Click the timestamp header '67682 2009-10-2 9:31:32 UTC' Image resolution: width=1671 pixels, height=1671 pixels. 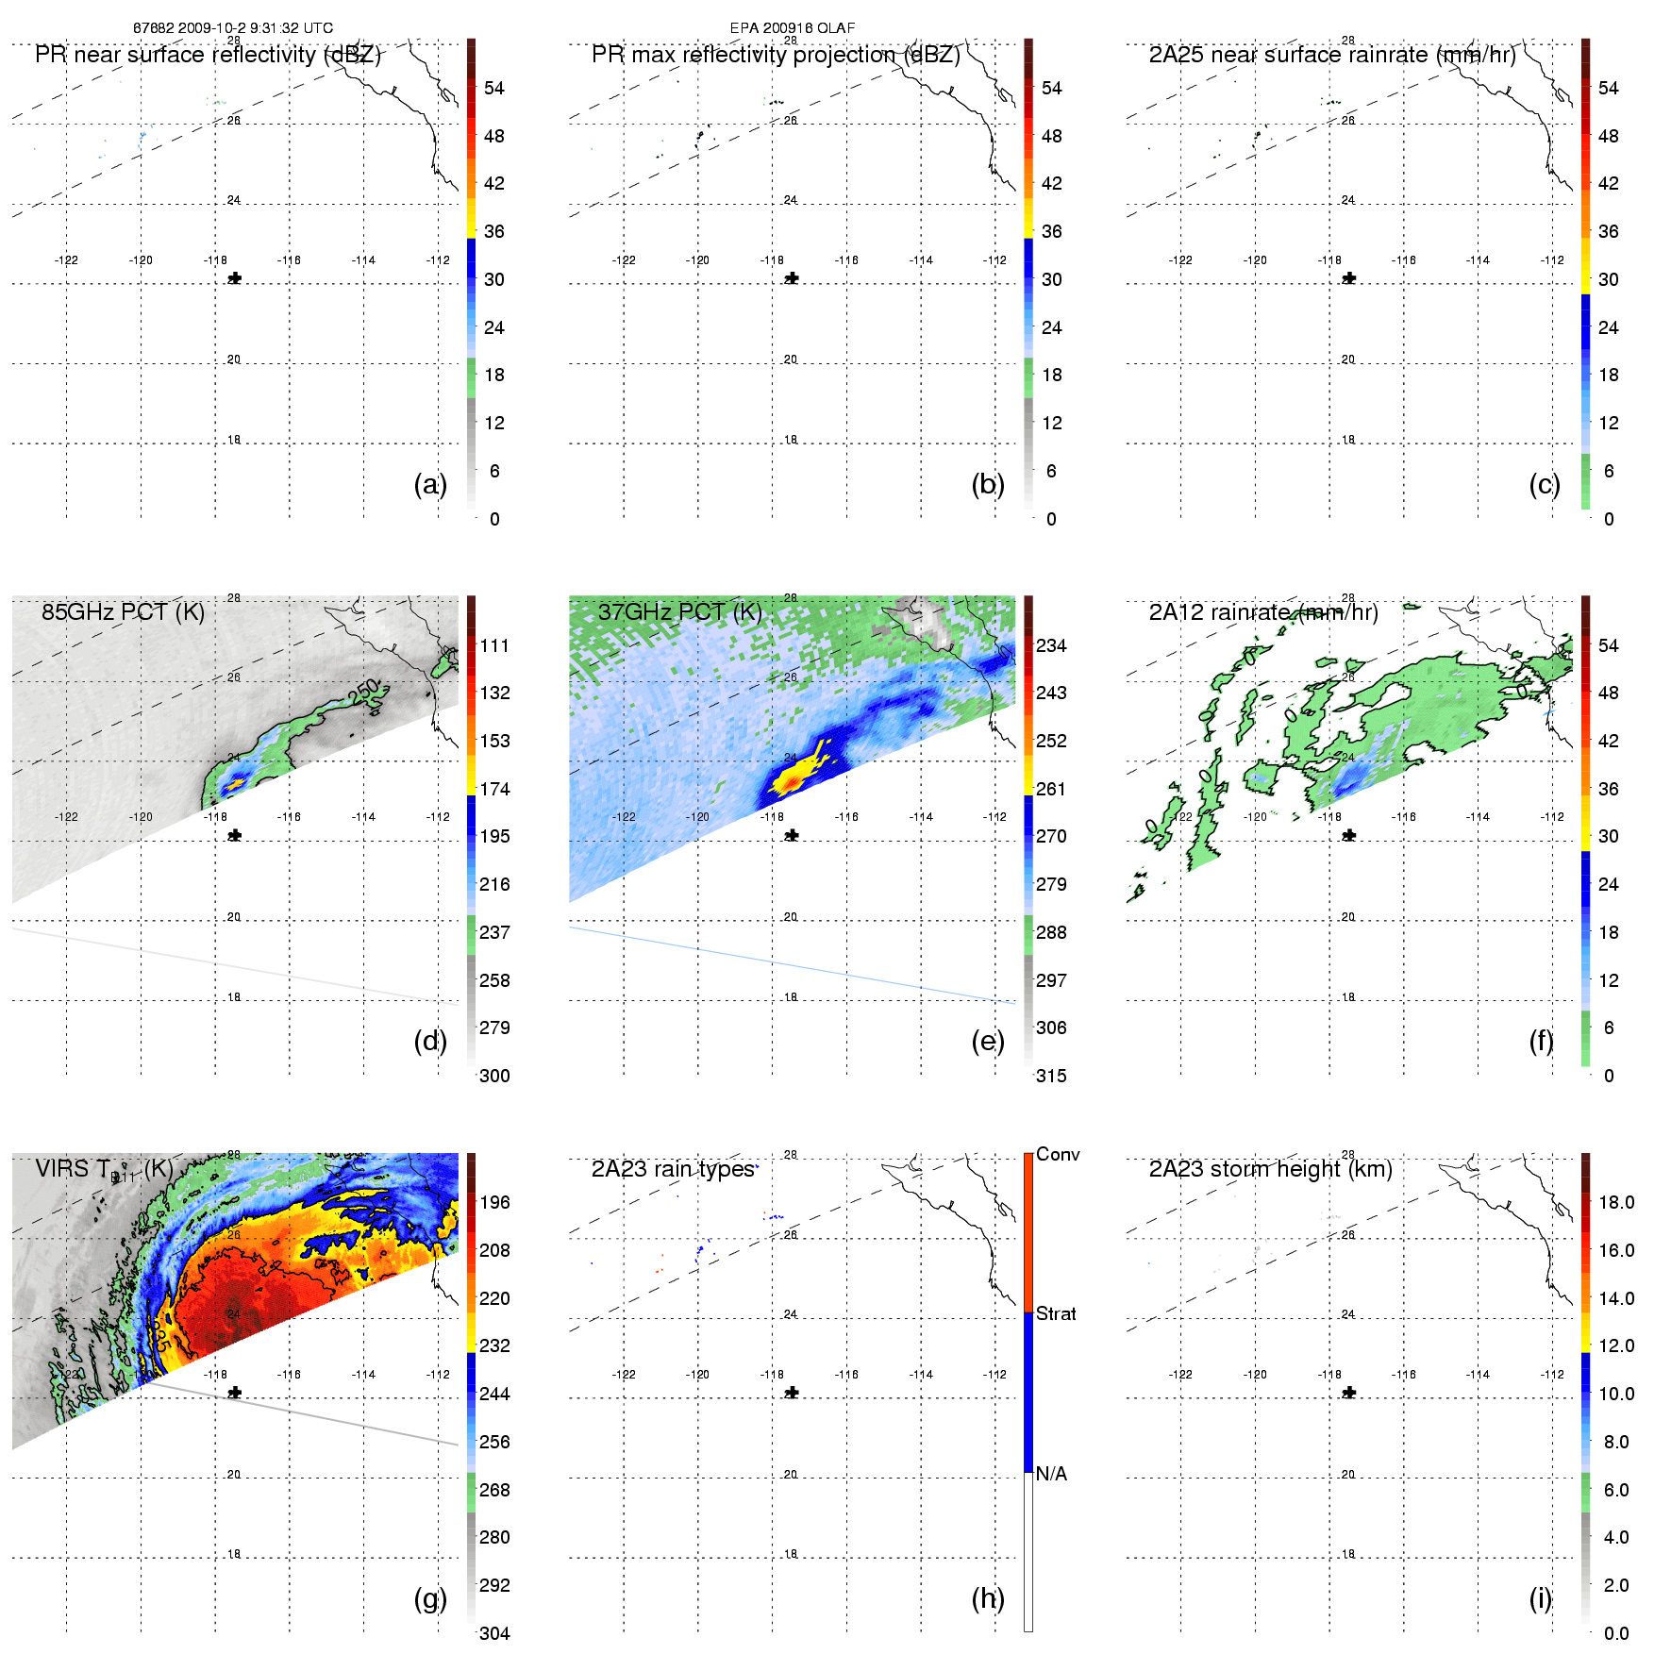(233, 28)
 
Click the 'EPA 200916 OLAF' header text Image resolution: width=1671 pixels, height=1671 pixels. (793, 28)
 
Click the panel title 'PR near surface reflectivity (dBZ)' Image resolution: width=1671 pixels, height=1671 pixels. (208, 55)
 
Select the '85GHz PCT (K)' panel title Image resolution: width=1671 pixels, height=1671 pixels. (123, 612)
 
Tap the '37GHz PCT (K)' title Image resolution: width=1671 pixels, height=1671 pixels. (679, 612)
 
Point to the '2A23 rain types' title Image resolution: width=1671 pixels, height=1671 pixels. (673, 1169)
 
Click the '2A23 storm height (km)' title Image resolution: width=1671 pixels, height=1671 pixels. (1270, 1169)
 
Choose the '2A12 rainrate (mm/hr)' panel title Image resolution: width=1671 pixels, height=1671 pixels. (1263, 612)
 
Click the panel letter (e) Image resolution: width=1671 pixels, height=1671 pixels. (987, 1041)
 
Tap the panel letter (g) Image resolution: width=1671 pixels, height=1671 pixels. (430, 1598)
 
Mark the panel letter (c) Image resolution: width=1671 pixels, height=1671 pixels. (1545, 484)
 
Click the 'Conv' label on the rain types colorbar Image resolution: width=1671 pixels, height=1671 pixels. (1058, 1155)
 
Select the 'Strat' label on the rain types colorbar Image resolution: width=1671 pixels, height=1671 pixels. (1056, 1314)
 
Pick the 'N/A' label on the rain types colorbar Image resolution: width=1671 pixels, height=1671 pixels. (1051, 1474)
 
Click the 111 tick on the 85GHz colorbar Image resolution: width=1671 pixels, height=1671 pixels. (494, 645)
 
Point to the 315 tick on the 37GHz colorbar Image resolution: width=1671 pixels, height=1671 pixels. (1051, 1076)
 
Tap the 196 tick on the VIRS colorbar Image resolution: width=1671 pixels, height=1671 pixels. (494, 1202)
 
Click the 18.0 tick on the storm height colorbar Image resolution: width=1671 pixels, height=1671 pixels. (1616, 1202)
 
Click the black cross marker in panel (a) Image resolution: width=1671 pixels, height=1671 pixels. (235, 278)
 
